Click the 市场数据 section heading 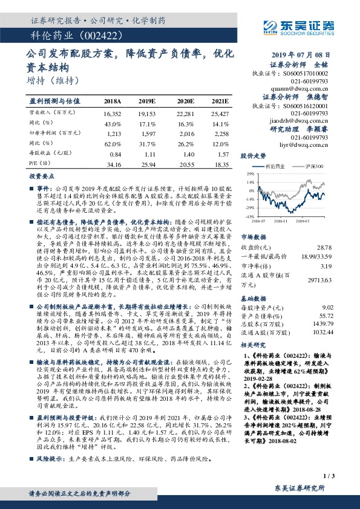(x=252, y=237)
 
